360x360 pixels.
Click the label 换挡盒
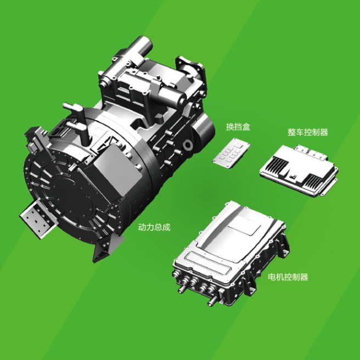tap(238, 127)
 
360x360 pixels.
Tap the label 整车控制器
tap(308, 132)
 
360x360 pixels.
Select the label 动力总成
tap(154, 227)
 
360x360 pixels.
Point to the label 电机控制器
tap(288, 277)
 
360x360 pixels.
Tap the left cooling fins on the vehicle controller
tap(279, 164)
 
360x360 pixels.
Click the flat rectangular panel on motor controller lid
tap(245, 226)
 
